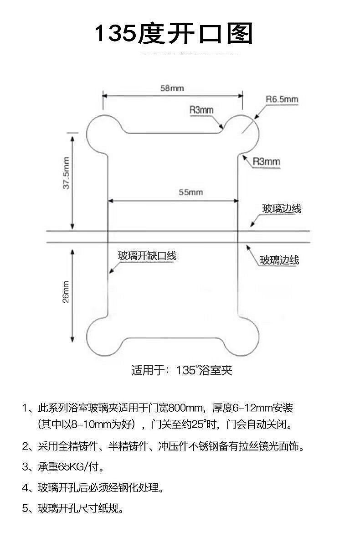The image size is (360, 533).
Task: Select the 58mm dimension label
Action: [x=172, y=88]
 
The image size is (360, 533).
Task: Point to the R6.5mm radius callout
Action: [x=282, y=99]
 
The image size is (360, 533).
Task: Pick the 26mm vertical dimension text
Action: [x=66, y=291]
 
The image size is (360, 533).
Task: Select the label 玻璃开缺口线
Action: [x=147, y=256]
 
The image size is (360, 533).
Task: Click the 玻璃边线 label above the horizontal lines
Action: [x=282, y=209]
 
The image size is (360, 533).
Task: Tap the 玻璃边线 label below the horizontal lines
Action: [x=279, y=260]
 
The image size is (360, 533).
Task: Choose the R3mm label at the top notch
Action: [x=201, y=109]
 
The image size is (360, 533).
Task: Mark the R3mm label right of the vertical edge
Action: [x=266, y=161]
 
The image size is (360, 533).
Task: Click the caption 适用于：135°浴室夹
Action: [x=182, y=370]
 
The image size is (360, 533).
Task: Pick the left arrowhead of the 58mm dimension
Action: [x=104, y=95]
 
